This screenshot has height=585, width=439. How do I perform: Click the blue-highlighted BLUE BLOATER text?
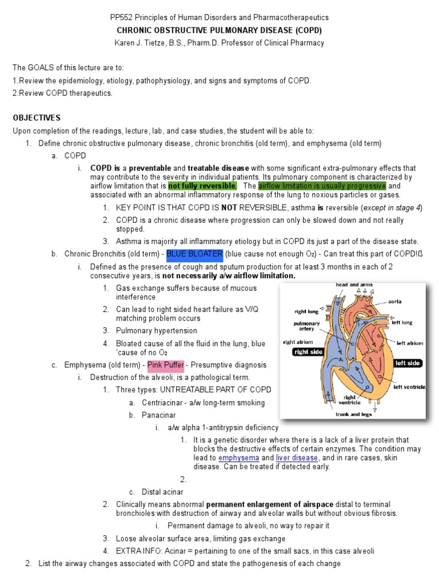[194, 254]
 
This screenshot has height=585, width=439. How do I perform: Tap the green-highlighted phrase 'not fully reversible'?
[202, 186]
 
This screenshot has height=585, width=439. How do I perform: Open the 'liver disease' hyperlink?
[297, 458]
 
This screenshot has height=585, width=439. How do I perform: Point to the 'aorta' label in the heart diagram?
[394, 301]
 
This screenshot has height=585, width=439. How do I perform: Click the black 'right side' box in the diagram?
[308, 352]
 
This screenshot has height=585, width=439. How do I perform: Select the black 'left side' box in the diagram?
[408, 363]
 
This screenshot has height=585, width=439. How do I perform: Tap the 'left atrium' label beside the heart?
[409, 343]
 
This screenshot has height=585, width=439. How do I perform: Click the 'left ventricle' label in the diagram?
[409, 387]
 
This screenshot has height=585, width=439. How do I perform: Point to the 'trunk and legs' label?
[353, 414]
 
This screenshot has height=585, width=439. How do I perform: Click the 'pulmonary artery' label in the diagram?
[306, 326]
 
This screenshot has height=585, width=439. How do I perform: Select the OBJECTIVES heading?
[37, 118]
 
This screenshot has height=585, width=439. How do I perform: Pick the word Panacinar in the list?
[159, 415]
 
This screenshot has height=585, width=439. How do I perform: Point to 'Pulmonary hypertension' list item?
[156, 331]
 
